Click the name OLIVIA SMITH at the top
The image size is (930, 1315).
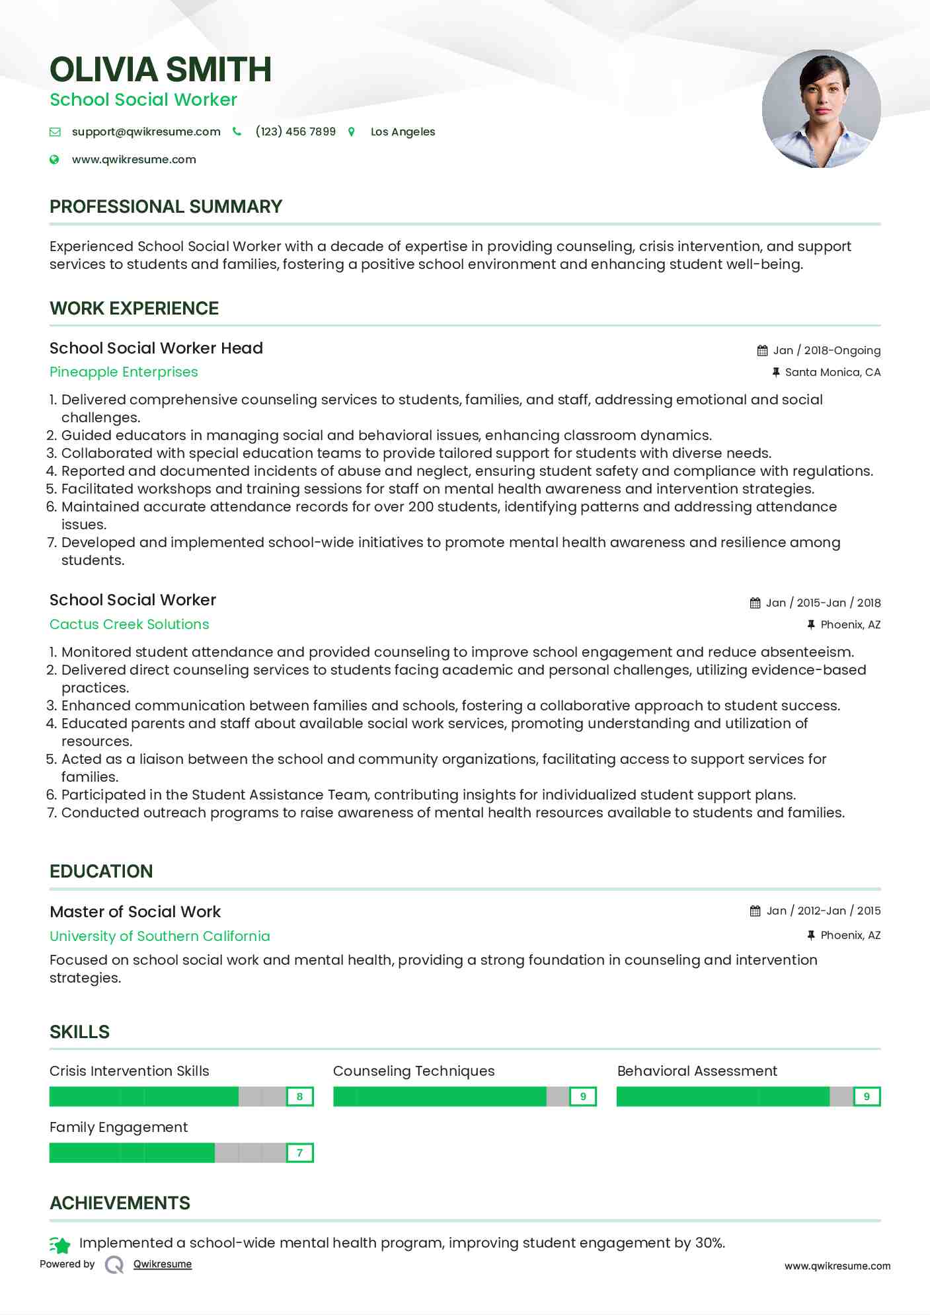point(161,70)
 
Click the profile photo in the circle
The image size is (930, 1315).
point(821,109)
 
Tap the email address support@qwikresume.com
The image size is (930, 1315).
point(146,131)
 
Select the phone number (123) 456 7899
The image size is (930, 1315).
point(295,131)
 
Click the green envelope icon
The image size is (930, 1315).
point(55,132)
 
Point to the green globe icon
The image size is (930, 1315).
point(55,159)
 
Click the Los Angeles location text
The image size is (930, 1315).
point(403,131)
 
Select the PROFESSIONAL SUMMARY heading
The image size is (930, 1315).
point(166,207)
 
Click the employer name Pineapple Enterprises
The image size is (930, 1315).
point(124,372)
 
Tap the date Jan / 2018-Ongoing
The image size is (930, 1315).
point(826,350)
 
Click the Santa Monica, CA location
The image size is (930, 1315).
point(832,372)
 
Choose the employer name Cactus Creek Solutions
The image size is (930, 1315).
point(130,624)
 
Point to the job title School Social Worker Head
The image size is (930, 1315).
point(156,348)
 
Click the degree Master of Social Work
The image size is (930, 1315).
point(135,912)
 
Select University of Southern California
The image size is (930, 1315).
point(160,936)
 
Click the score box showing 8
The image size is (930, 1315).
point(299,1097)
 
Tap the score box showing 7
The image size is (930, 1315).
point(299,1153)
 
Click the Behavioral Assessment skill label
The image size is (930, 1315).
point(697,1071)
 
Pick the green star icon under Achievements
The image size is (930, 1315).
point(60,1245)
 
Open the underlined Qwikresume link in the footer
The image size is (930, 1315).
point(163,1264)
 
